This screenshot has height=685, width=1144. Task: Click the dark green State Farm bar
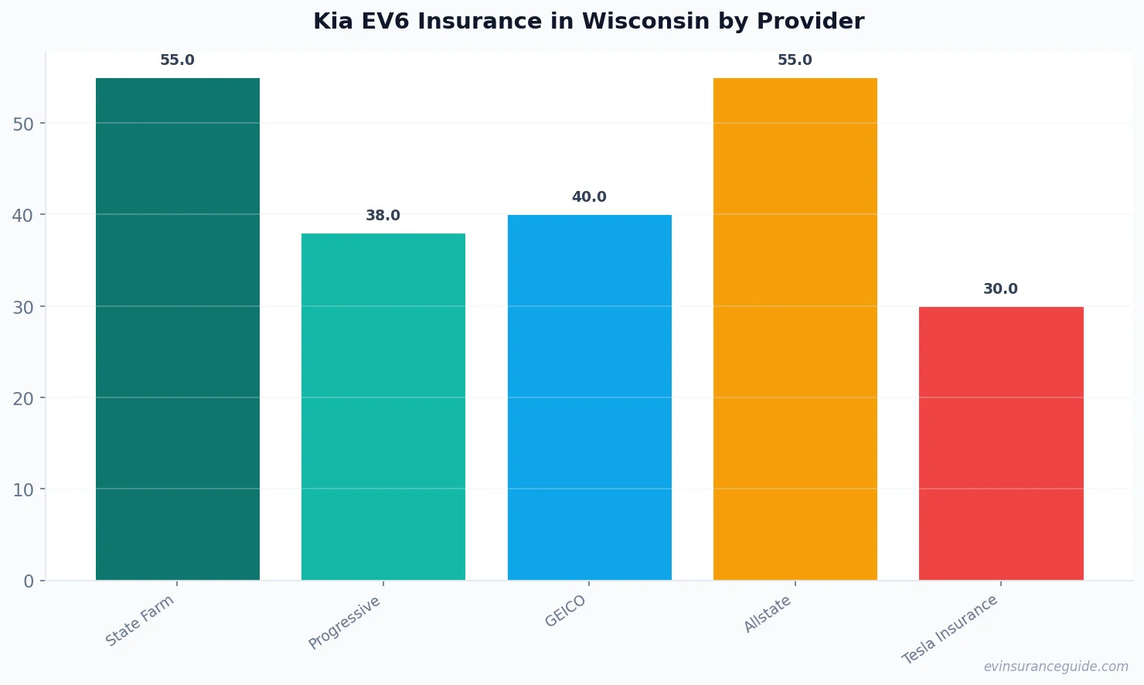coord(178,329)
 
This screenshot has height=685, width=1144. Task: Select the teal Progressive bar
coord(383,406)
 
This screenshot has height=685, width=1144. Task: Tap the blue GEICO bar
coord(589,397)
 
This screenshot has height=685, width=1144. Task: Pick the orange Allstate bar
coord(795,329)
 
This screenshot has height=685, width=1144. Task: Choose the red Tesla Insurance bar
coord(1001,443)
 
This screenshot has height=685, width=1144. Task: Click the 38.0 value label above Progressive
coord(383,216)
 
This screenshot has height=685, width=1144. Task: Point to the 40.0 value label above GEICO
coord(589,197)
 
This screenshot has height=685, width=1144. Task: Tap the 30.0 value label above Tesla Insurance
coord(1000,289)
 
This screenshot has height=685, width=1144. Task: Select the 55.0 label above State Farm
coord(178,60)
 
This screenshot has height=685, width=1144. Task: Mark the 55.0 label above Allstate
coord(795,60)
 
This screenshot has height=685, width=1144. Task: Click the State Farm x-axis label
coord(140,621)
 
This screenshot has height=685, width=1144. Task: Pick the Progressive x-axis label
coord(345,622)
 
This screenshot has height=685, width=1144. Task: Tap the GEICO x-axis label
coord(566,612)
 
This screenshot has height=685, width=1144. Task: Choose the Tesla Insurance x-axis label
coord(950,629)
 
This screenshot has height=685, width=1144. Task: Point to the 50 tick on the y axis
coord(23,124)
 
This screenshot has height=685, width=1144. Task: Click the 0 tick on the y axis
coord(29,581)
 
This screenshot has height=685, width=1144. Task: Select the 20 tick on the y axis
coord(23,398)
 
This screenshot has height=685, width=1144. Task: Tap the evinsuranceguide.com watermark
coord(1056,666)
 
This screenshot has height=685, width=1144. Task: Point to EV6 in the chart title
coord(389,21)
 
